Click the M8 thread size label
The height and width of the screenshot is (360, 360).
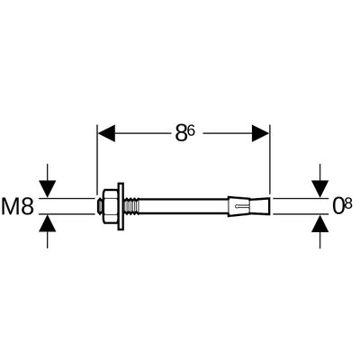pyautogui.click(x=17, y=206)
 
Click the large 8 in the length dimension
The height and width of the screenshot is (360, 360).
pyautogui.click(x=182, y=133)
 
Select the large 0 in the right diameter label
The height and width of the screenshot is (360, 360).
pyautogui.click(x=338, y=206)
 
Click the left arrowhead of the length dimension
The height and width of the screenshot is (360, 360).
pyautogui.click(x=107, y=133)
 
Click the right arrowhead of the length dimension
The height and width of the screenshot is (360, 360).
pyautogui.click(x=260, y=133)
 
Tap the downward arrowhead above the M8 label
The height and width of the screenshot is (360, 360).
pyautogui.click(x=48, y=189)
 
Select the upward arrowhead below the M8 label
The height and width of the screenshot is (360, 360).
pyautogui.click(x=48, y=223)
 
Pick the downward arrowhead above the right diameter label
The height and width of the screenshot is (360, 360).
pyautogui.click(x=319, y=189)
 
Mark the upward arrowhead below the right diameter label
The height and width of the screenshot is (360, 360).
pyautogui.click(x=319, y=223)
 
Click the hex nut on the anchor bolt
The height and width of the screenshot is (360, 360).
pyautogui.click(x=111, y=206)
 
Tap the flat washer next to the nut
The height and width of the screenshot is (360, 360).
pyautogui.click(x=121, y=206)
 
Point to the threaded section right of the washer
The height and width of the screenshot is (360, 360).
pyautogui.click(x=131, y=206)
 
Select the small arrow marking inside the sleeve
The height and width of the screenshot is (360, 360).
pyautogui.click(x=242, y=206)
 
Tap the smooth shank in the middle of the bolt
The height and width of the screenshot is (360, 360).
pyautogui.click(x=184, y=206)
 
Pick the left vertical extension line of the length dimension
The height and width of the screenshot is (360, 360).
pyautogui.click(x=96, y=160)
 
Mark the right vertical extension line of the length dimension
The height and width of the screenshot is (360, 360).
pyautogui.click(x=270, y=160)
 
